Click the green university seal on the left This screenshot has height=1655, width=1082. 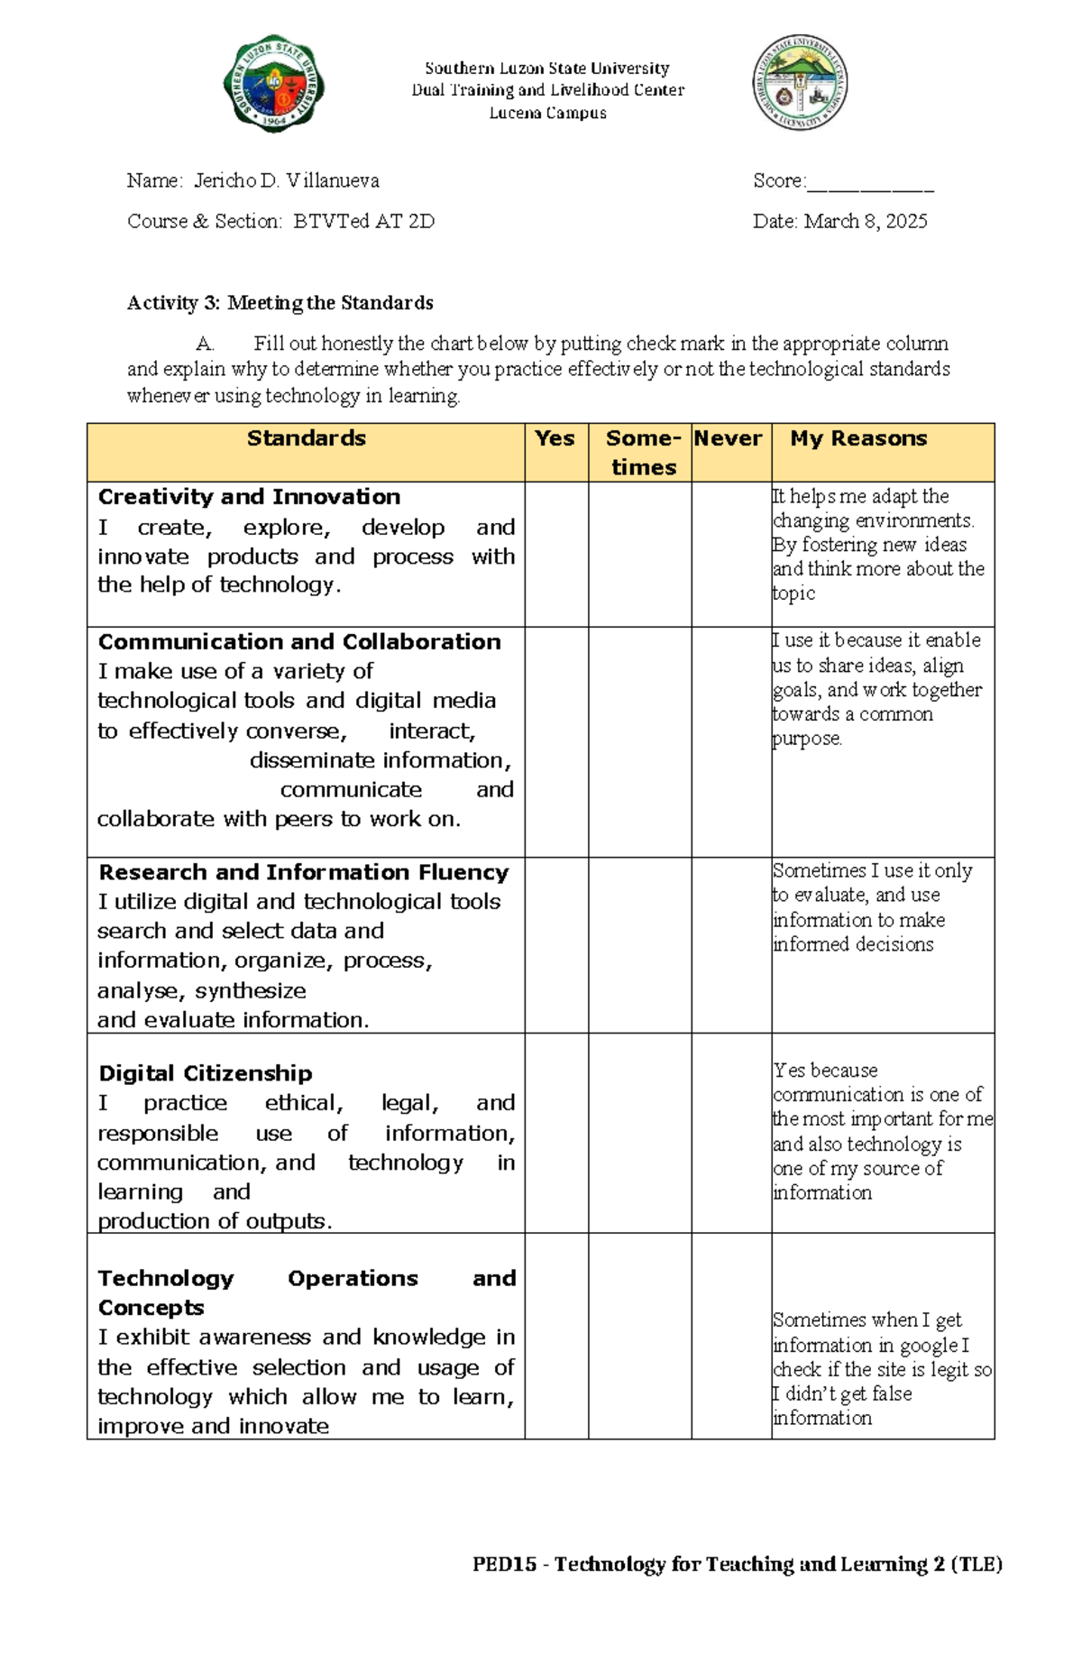[274, 84]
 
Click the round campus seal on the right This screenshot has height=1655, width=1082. [800, 82]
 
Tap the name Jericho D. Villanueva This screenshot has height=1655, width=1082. [287, 180]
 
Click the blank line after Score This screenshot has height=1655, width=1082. [870, 185]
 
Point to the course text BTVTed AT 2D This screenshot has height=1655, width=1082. [363, 221]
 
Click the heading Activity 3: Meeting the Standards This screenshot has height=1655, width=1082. [280, 302]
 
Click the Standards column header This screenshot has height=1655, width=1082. [306, 438]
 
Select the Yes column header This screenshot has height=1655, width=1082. [555, 438]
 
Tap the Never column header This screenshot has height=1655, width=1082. [728, 438]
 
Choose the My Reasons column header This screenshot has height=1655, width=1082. [858, 438]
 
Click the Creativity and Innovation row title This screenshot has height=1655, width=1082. [249, 497]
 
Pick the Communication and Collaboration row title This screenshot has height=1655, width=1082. [299, 642]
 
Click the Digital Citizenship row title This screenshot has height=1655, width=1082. [206, 1073]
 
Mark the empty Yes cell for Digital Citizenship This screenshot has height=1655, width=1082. [556, 1133]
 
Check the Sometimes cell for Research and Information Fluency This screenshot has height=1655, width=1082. [640, 944]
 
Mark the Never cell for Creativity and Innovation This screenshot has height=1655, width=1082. [731, 554]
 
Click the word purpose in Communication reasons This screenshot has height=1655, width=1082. [807, 739]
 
